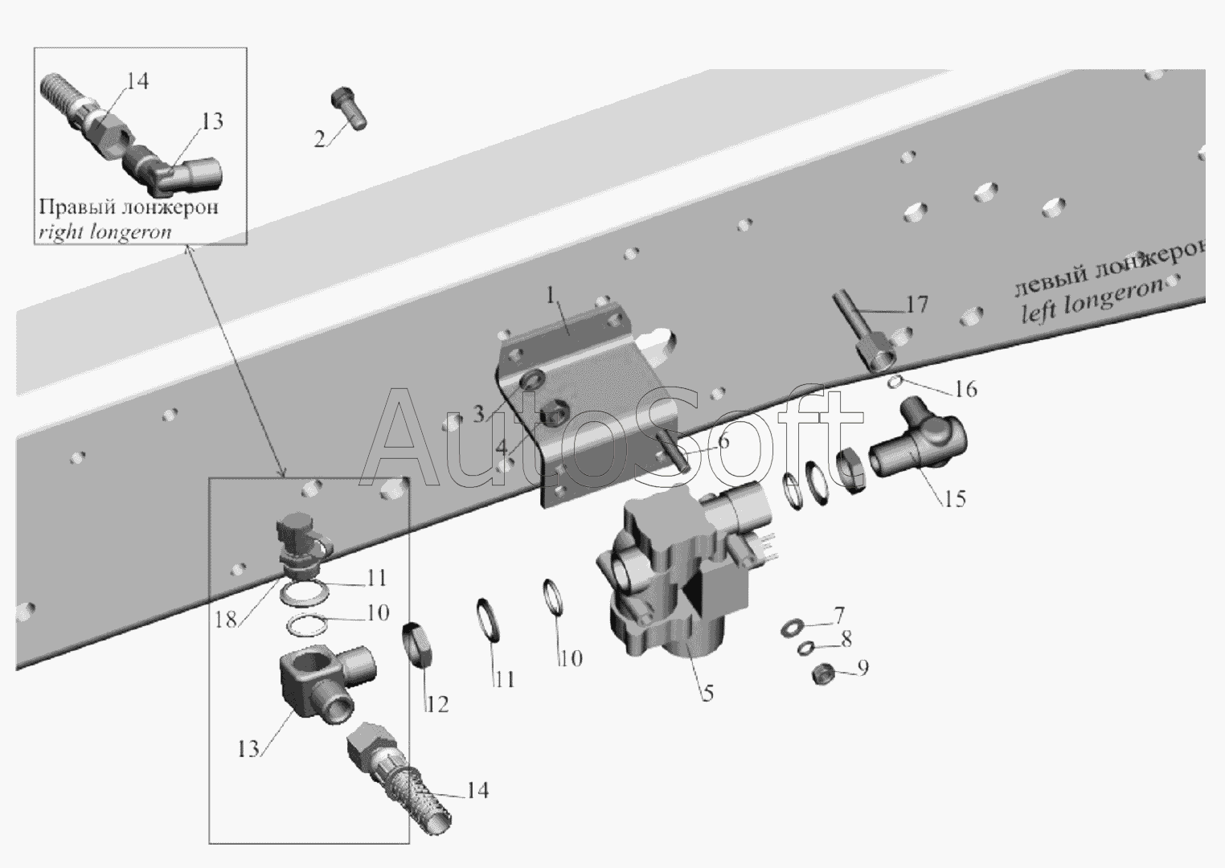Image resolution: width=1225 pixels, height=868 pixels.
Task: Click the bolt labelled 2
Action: (x=348, y=108)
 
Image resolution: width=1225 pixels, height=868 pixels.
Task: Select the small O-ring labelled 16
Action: (x=895, y=382)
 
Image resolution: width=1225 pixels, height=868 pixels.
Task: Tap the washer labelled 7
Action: (x=793, y=628)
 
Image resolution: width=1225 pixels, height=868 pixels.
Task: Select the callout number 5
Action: (x=707, y=693)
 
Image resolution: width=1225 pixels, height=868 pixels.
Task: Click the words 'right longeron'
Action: (x=104, y=232)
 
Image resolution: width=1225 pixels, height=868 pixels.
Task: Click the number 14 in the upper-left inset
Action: (x=137, y=81)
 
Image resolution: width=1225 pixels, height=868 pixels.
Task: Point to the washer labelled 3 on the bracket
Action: (x=530, y=379)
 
